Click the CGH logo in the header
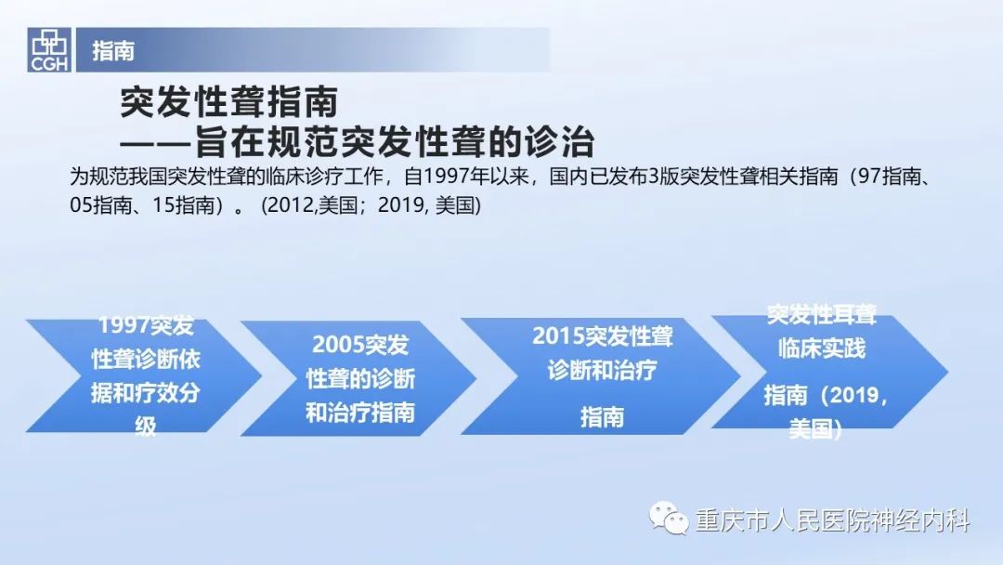49,50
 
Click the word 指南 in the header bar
113,50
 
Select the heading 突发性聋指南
229,102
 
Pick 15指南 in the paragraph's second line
183,205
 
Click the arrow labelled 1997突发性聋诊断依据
144,375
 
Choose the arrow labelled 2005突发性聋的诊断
358,378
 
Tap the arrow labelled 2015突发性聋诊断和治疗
600,376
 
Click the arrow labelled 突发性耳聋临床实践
829,372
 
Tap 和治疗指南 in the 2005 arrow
360,413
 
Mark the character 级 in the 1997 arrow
145,427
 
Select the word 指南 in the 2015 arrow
602,417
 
